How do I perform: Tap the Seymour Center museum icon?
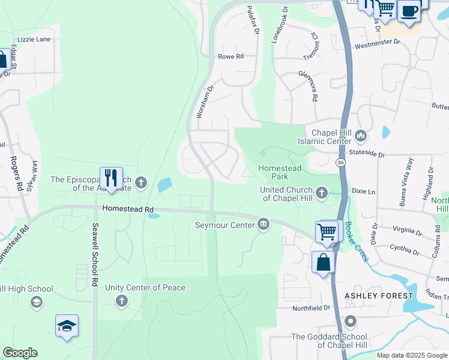[x=264, y=225]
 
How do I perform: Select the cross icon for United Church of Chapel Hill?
[x=322, y=193]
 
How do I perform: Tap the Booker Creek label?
[x=357, y=242]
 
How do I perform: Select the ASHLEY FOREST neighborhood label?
[x=379, y=296]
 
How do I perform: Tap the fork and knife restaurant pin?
[x=111, y=178]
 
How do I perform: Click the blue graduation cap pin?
[x=67, y=326]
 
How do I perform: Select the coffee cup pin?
[x=409, y=11]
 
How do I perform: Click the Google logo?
[x=20, y=353]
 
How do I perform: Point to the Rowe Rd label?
[x=231, y=56]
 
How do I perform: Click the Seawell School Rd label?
[x=95, y=254]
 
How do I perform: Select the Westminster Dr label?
[x=377, y=42]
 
